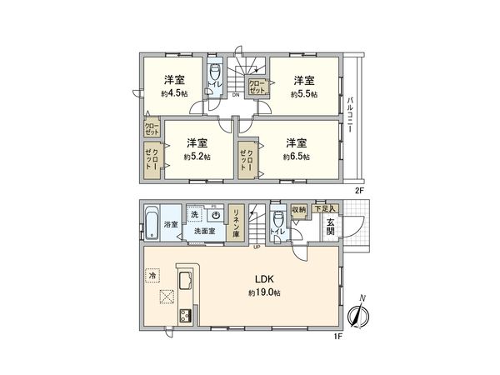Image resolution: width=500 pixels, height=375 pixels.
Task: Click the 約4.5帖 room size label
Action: (x=174, y=93)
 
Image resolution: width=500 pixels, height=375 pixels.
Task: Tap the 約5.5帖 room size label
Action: (x=303, y=93)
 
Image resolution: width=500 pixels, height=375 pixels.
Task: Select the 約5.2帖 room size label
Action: (x=197, y=156)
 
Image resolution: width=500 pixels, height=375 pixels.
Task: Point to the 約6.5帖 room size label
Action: (x=296, y=156)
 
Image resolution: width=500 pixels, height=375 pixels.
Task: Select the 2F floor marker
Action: (x=360, y=190)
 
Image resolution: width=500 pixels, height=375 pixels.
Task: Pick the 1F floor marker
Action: (x=337, y=335)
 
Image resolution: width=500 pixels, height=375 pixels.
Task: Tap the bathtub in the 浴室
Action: (x=151, y=224)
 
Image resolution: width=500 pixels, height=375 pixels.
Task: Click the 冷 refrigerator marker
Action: (x=153, y=274)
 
